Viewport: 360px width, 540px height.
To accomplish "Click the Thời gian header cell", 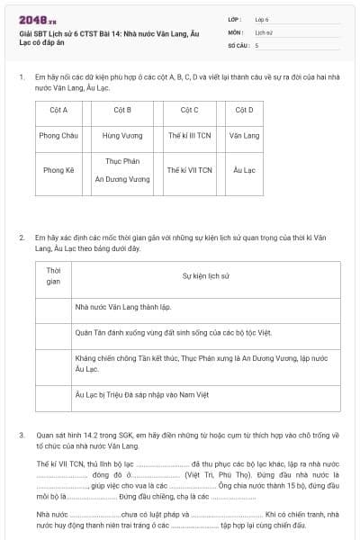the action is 53,275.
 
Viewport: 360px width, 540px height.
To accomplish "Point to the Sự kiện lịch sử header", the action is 206,275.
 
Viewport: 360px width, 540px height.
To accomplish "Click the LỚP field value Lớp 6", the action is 262,19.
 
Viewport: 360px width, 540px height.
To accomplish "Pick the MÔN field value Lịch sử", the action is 263,31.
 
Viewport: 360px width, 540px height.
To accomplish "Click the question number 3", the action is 22,434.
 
